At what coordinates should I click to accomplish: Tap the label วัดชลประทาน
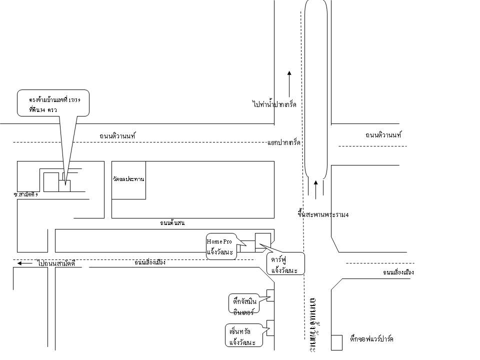[x=128, y=178]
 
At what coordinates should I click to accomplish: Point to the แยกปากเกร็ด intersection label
[x=283, y=142]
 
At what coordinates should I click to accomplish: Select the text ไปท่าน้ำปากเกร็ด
[x=274, y=104]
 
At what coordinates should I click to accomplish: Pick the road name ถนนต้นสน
[x=172, y=223]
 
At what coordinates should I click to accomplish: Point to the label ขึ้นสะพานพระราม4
[x=322, y=214]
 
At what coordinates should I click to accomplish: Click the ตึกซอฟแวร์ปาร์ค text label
[x=371, y=339]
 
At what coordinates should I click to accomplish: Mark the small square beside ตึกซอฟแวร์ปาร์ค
[x=336, y=342]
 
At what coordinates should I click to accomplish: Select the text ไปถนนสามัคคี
[x=56, y=263]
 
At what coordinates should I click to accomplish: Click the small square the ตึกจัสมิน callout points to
[x=270, y=295]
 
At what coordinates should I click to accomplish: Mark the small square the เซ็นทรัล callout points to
[x=270, y=327]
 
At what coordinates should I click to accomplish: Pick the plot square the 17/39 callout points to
[x=64, y=185]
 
